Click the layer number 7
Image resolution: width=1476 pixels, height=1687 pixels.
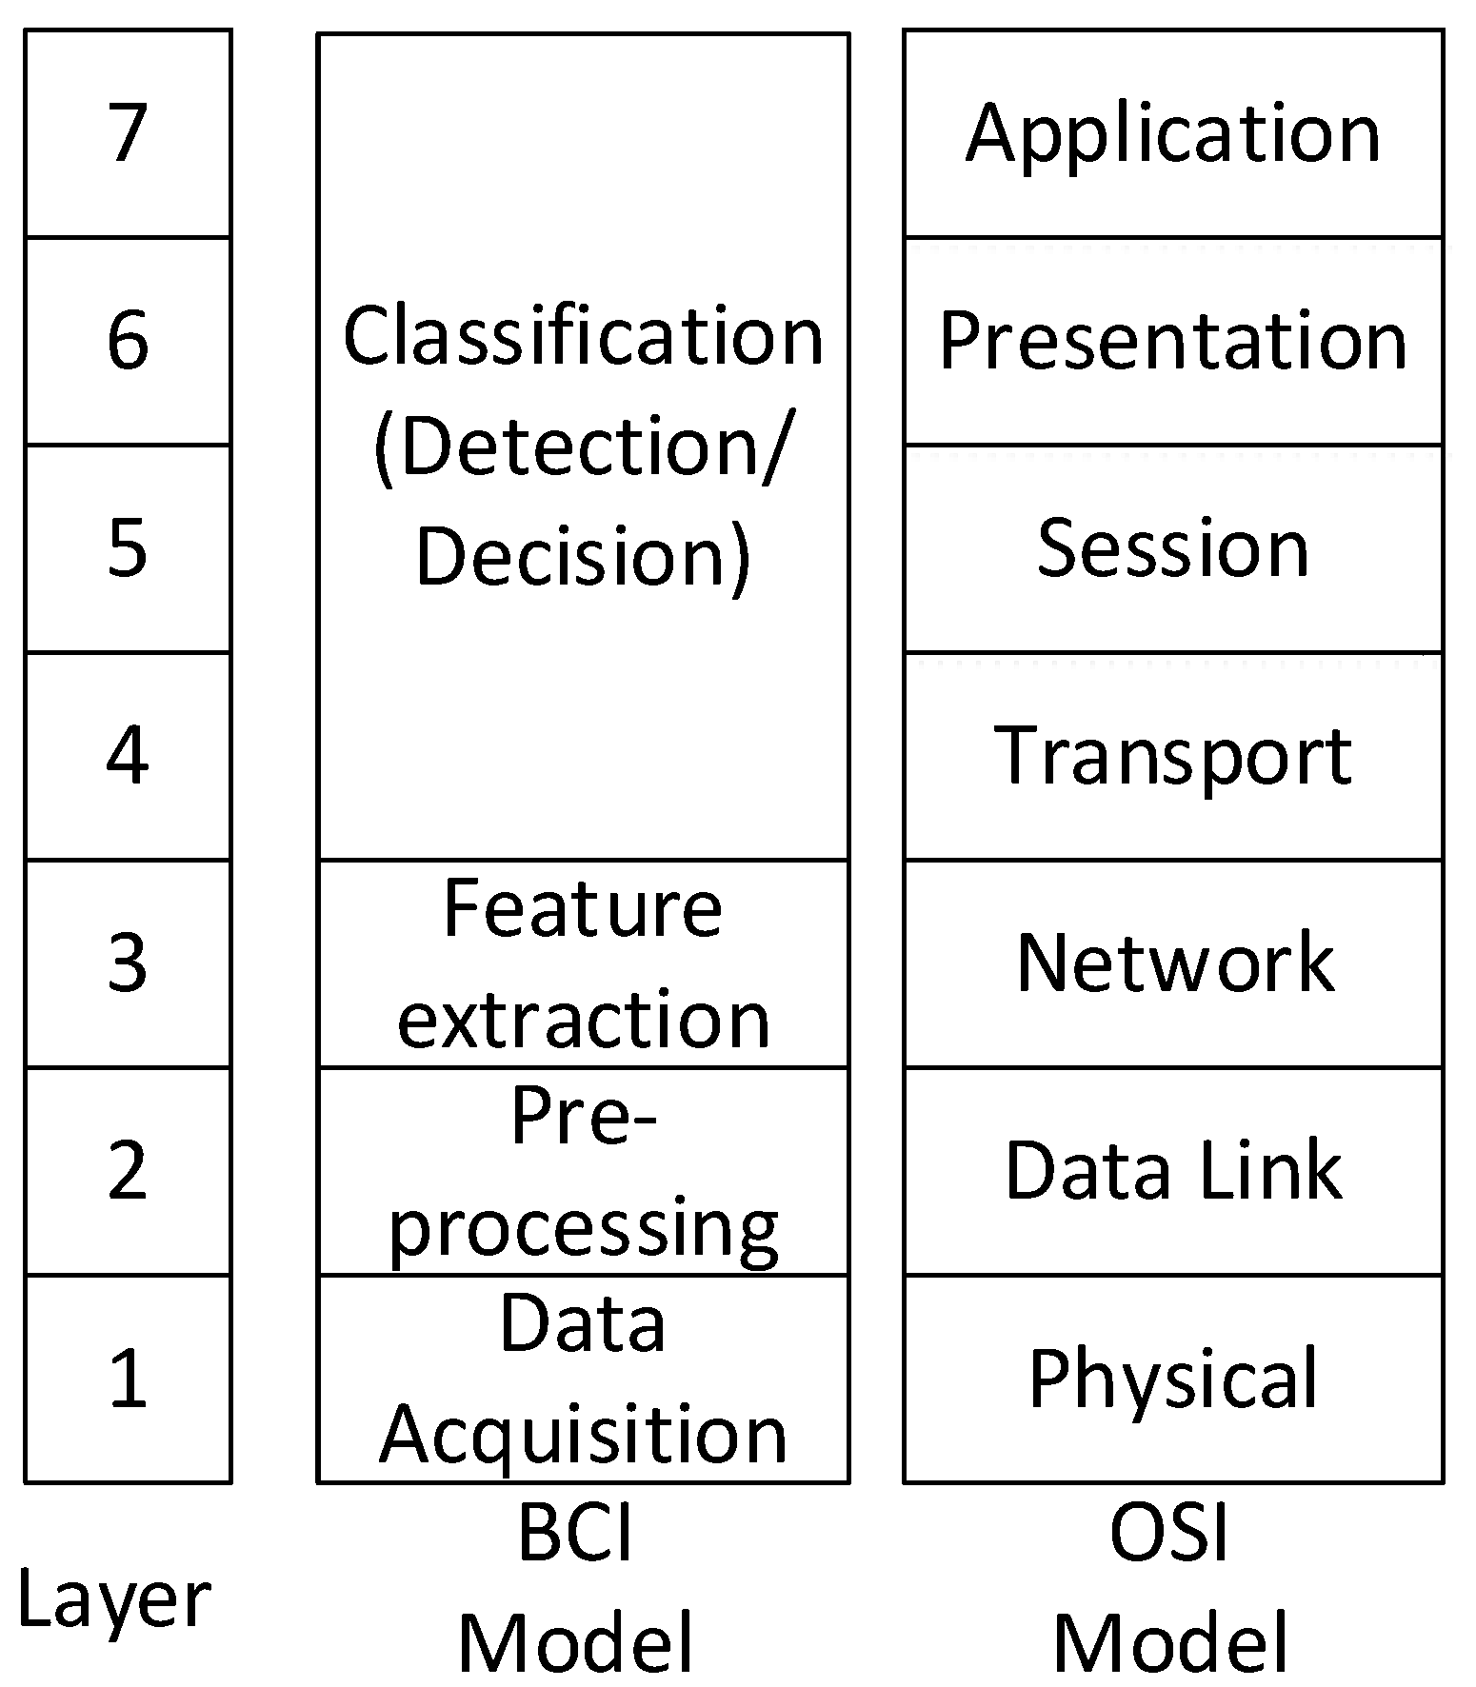tap(128, 132)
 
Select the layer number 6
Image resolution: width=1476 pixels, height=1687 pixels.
tap(128, 340)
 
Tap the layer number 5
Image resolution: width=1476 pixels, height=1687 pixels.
tap(128, 547)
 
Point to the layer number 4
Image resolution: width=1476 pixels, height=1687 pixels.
tap(128, 755)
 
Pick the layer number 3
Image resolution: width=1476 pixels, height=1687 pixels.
tap(128, 963)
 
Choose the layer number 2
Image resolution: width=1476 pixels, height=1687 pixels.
tap(128, 1170)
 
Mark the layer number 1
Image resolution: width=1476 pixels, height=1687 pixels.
tap(128, 1378)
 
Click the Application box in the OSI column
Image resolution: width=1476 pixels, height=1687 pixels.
tap(1173, 133)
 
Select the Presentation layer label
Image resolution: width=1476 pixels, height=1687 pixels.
tap(1173, 341)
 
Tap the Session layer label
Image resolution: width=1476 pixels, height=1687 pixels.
tap(1173, 548)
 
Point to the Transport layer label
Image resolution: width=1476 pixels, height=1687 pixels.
tap(1173, 756)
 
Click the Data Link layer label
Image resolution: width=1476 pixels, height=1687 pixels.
tap(1173, 1170)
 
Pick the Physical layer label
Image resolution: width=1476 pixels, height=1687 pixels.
tap(1173, 1379)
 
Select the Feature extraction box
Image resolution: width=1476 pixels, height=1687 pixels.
tap(583, 963)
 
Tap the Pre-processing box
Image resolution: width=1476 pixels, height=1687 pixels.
tap(583, 1171)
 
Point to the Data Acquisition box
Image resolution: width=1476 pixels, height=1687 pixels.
tap(583, 1379)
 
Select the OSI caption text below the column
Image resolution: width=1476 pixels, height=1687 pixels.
tap(1169, 1533)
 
